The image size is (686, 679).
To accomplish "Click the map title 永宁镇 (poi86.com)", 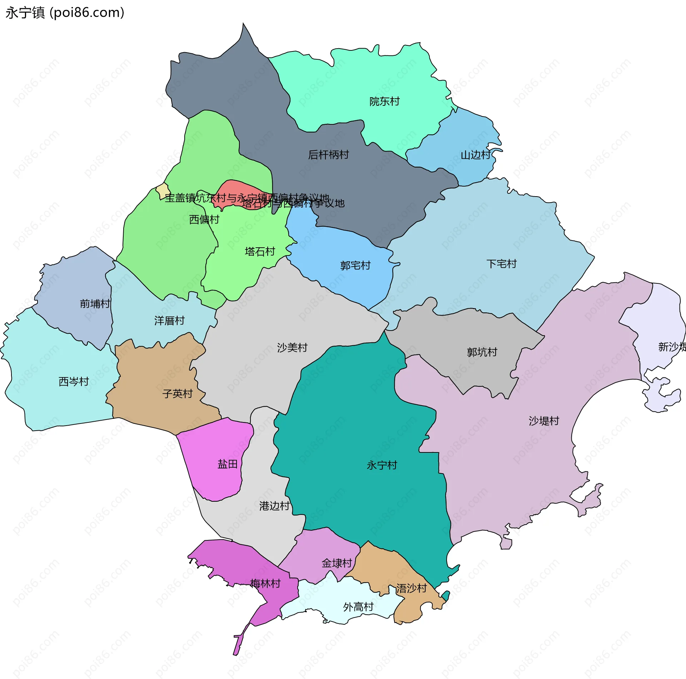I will point(65,13).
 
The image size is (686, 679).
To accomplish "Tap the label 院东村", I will point(384,101).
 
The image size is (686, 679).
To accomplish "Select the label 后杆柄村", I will point(328,155).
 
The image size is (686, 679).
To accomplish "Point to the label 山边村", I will point(476,155).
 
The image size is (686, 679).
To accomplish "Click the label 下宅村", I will point(501,264).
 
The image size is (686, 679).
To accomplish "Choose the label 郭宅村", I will point(355,266).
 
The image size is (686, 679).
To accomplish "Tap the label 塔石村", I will point(260,252).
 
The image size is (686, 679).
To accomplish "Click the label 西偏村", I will point(204,219).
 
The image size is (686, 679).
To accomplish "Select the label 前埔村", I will point(95,304).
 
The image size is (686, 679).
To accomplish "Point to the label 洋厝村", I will point(169,321).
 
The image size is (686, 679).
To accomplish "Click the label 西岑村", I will point(74,382).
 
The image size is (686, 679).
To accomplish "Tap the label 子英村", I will point(177,394).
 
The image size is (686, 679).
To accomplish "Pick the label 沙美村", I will point(292,347).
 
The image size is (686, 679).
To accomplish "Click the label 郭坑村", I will point(482,352).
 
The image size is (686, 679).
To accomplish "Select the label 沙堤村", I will point(543,421).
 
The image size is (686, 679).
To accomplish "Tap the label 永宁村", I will point(382,465).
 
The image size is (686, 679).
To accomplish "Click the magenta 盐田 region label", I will point(227,464).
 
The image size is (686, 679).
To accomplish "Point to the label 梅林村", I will point(265,584).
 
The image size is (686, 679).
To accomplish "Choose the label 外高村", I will point(358,607).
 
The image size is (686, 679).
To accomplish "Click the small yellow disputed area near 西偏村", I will point(163,191).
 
